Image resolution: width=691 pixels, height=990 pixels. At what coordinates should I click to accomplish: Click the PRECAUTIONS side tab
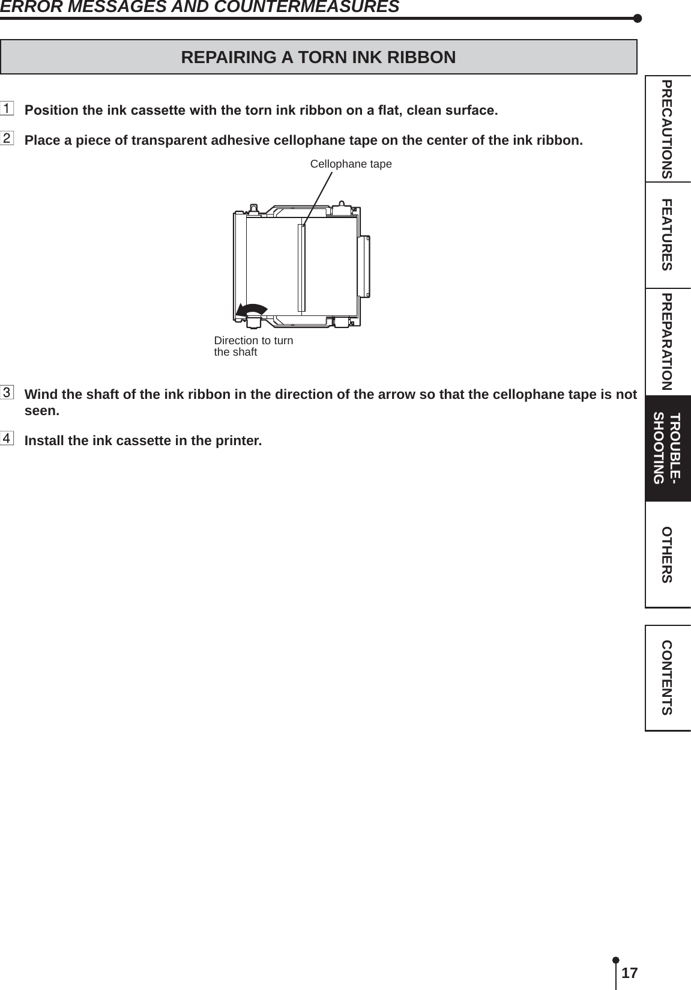pyautogui.click(x=667, y=129)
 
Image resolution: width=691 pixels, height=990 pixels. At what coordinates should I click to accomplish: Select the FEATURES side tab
pyautogui.click(x=667, y=235)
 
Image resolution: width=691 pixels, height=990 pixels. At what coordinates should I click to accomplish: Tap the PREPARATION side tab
pyautogui.click(x=667, y=341)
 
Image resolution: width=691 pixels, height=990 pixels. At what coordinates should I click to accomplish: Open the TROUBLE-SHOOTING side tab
pyautogui.click(x=667, y=448)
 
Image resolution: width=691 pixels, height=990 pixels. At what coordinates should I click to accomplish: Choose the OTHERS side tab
pyautogui.click(x=667, y=554)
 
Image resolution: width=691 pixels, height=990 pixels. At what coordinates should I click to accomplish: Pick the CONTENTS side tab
pyautogui.click(x=667, y=678)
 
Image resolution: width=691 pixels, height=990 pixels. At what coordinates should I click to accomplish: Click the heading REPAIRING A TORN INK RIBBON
pyautogui.click(x=318, y=57)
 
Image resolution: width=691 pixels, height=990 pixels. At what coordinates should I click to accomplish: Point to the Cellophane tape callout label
pyautogui.click(x=351, y=164)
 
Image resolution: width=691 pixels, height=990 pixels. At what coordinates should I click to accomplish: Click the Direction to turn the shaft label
pyautogui.click(x=253, y=346)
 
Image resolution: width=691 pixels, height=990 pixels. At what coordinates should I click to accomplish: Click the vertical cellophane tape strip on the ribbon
pyautogui.click(x=301, y=268)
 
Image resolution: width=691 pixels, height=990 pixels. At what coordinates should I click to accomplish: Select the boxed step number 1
pyautogui.click(x=7, y=110)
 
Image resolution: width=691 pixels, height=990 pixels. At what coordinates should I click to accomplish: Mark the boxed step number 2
pyautogui.click(x=7, y=140)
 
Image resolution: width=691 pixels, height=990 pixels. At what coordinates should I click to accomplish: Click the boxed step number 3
pyautogui.click(x=7, y=393)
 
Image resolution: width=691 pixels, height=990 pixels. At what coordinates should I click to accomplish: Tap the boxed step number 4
pyautogui.click(x=7, y=439)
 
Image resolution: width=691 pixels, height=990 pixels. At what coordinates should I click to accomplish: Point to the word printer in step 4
pyautogui.click(x=240, y=441)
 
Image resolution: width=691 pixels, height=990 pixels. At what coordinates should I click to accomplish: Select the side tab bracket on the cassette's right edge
pyautogui.click(x=363, y=266)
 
